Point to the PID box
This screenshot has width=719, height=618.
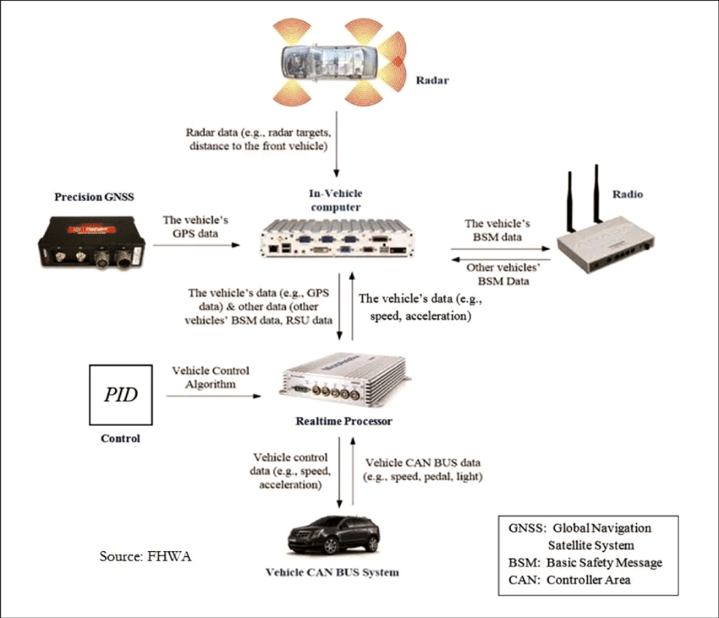120,395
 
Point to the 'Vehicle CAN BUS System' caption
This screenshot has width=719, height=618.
332,572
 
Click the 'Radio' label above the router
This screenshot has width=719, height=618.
627,194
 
